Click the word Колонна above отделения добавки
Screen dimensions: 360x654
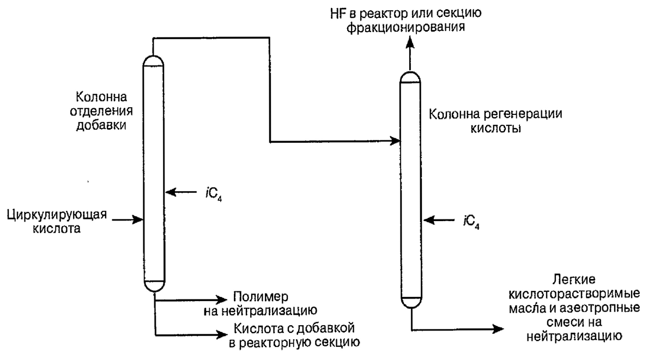[101, 98]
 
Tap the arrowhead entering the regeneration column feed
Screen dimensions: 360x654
[395, 142]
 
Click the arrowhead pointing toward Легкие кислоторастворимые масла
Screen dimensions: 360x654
[497, 328]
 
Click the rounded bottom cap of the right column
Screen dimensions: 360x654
[410, 301]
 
